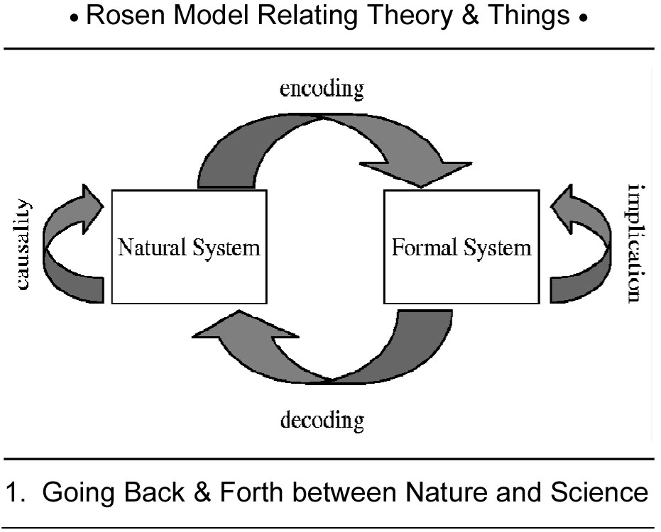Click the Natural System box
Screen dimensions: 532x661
189,247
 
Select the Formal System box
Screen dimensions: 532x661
461,247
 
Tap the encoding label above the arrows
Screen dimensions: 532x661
321,89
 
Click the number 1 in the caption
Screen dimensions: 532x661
13,492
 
